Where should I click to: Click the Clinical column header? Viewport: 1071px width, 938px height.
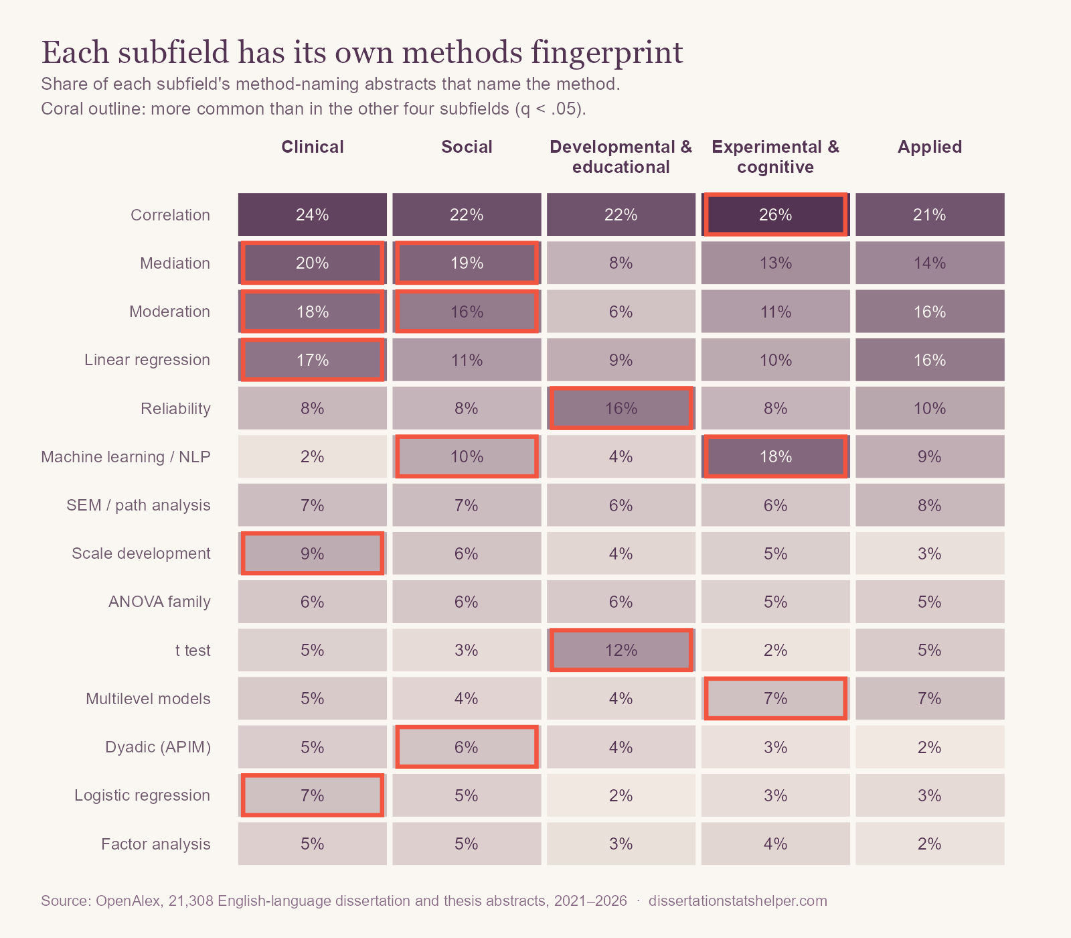pos(313,147)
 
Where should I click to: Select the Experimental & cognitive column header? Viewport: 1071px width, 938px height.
pos(775,157)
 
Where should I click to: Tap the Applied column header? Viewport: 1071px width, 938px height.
pos(930,147)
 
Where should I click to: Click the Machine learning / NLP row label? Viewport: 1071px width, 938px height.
pos(126,457)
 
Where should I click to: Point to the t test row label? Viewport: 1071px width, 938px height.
pos(193,651)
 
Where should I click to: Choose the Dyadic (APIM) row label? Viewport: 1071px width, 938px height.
pos(158,747)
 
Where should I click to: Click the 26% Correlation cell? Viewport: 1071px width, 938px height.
pos(775,214)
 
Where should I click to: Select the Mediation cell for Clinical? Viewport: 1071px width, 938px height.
pos(313,263)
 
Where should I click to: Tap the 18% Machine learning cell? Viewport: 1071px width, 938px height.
pos(775,456)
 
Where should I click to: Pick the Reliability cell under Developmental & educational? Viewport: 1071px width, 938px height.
pos(621,408)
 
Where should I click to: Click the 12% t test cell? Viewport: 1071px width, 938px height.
pos(621,650)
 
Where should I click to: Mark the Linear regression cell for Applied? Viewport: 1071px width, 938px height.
pos(930,360)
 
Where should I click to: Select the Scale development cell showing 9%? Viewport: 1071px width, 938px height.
pos(313,553)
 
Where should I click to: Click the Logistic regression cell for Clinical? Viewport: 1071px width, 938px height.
pos(313,795)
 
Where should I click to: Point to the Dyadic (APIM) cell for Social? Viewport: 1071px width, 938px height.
pos(467,747)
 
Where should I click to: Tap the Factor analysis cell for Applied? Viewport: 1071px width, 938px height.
pos(930,844)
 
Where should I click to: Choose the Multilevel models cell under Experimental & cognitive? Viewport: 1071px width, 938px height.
pos(775,698)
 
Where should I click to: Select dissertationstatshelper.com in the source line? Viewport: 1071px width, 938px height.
pos(738,900)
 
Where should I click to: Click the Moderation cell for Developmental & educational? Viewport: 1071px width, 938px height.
pos(621,312)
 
